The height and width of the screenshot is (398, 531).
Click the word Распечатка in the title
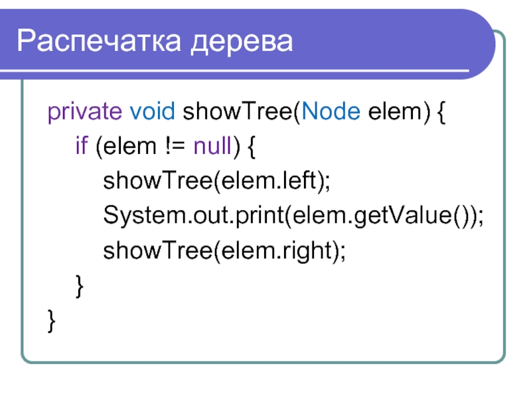[x=100, y=42]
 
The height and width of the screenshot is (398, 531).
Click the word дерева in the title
[x=242, y=42]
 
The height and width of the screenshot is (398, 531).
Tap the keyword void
[x=153, y=113]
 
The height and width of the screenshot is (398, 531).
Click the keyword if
[x=80, y=147]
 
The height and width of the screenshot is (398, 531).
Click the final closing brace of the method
[x=52, y=321]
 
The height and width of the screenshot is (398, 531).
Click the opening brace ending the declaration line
[x=443, y=113]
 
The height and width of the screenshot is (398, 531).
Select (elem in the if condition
[x=121, y=147]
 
